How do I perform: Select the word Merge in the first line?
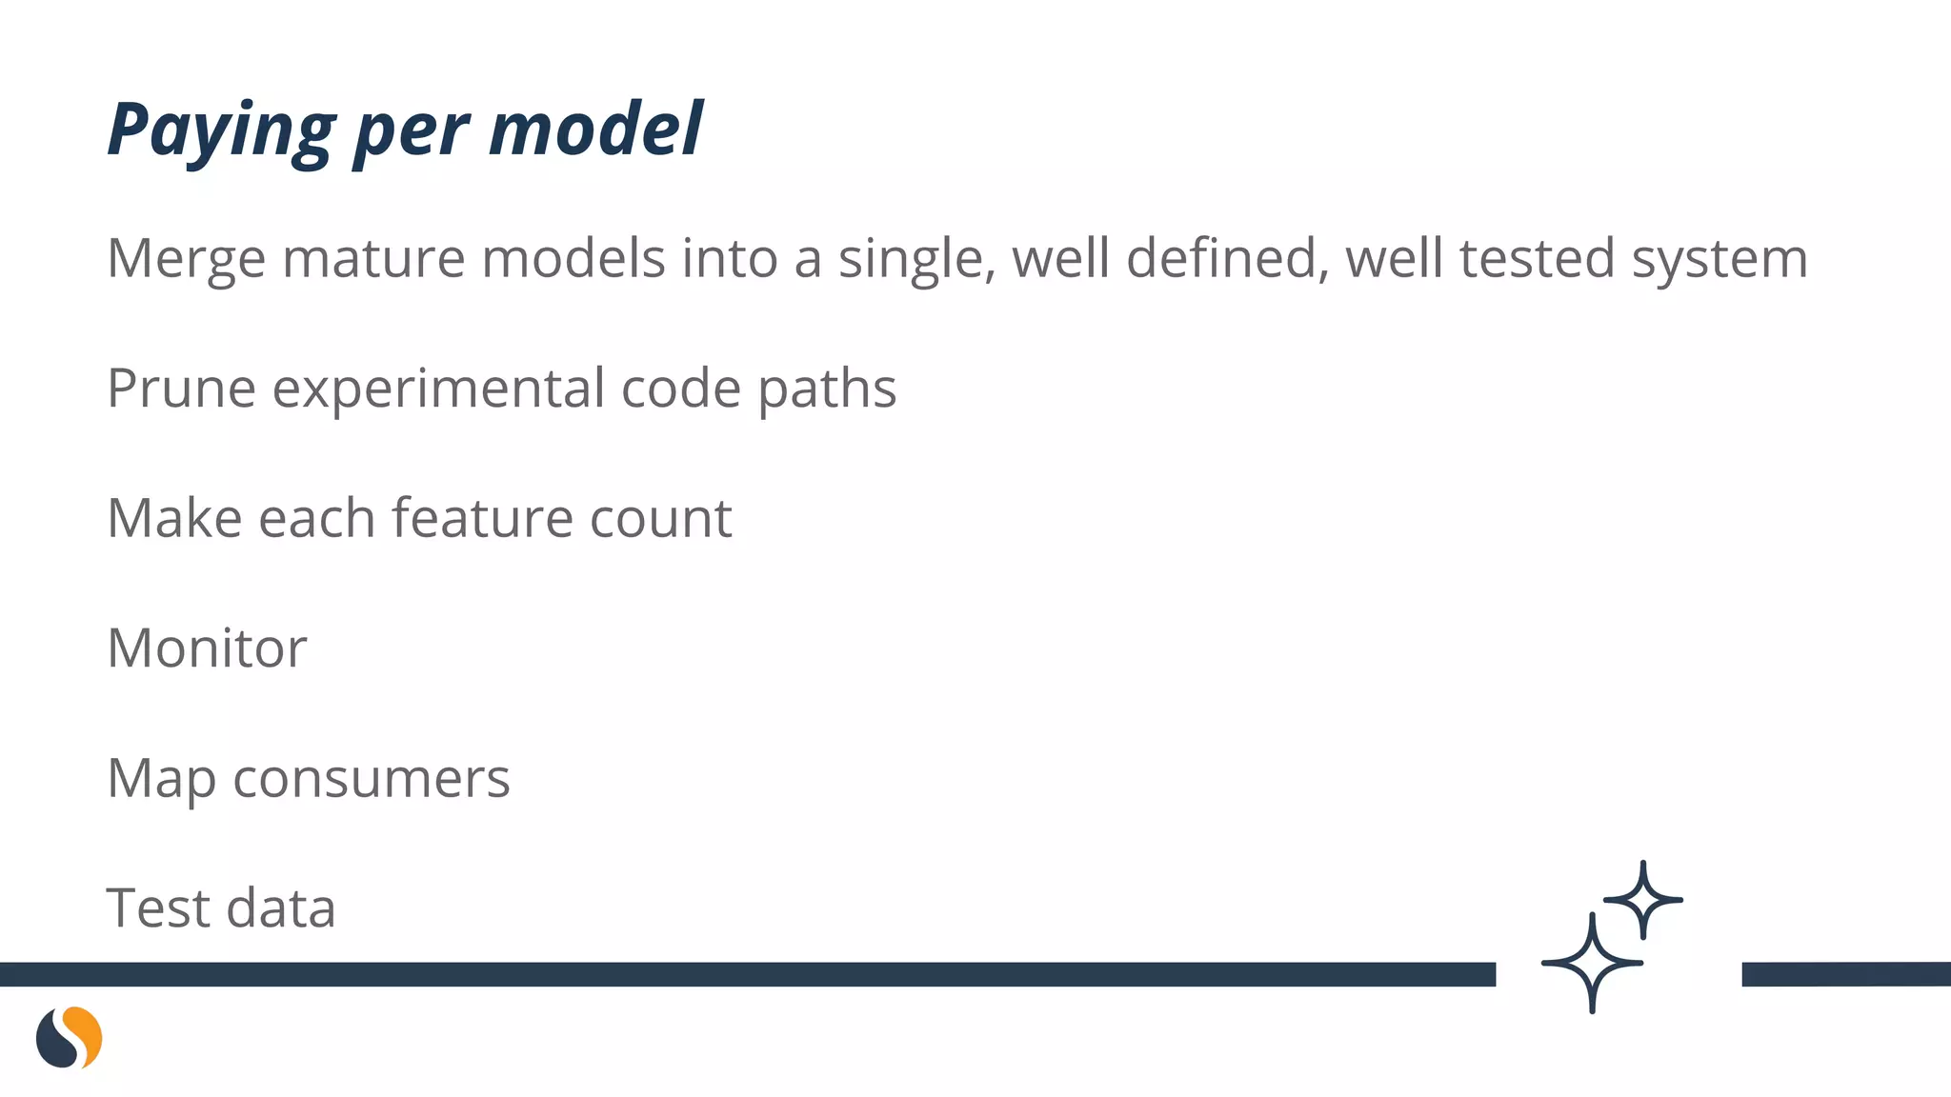[x=186, y=259]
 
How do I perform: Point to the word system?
[x=1720, y=259]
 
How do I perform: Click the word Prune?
[x=181, y=389]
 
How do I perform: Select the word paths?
[x=827, y=389]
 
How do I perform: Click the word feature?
[x=482, y=518]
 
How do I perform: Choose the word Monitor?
[x=207, y=648]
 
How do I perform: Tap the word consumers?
[x=372, y=779]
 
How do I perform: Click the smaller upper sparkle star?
[x=1642, y=900]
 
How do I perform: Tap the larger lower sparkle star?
[x=1592, y=963]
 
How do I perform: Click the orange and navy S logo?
[x=69, y=1037]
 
